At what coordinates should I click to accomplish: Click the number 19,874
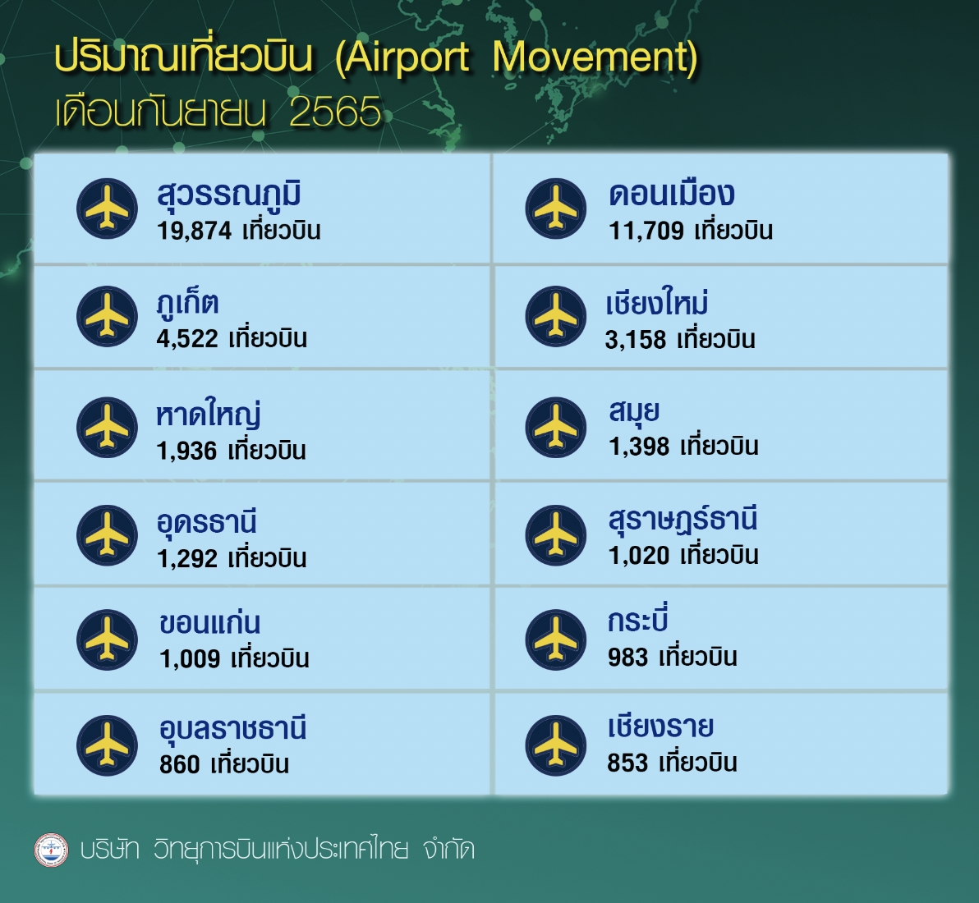(x=194, y=231)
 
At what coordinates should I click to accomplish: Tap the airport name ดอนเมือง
(x=671, y=194)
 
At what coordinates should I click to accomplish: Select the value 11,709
(x=646, y=231)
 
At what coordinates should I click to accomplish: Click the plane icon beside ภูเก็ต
(x=107, y=316)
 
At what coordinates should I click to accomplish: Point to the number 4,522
(x=187, y=339)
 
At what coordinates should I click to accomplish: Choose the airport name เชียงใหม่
(x=657, y=303)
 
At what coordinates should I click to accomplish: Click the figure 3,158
(x=636, y=340)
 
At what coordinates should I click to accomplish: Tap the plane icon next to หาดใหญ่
(x=107, y=428)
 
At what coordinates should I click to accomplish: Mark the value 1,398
(x=639, y=447)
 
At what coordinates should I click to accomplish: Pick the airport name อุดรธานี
(x=207, y=523)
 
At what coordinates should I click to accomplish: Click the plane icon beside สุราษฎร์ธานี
(x=556, y=535)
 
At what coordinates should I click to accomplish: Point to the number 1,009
(x=190, y=659)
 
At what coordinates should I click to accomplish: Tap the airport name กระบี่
(x=638, y=619)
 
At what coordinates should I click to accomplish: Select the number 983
(x=627, y=657)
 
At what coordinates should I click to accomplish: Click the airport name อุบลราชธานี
(x=233, y=729)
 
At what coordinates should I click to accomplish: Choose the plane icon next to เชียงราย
(x=556, y=745)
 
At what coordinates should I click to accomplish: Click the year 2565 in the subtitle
(x=335, y=112)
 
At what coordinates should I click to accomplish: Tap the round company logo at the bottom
(x=51, y=850)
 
